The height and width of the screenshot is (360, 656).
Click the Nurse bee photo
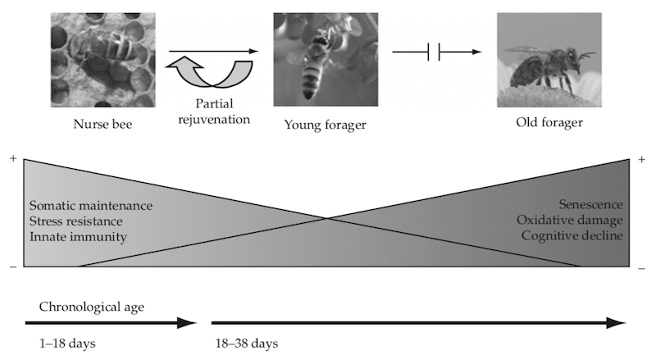click(x=102, y=59)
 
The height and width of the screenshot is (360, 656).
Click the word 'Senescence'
click(x=590, y=204)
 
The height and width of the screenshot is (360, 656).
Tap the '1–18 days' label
click(x=67, y=342)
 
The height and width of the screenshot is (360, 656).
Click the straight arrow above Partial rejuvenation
click(x=213, y=51)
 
